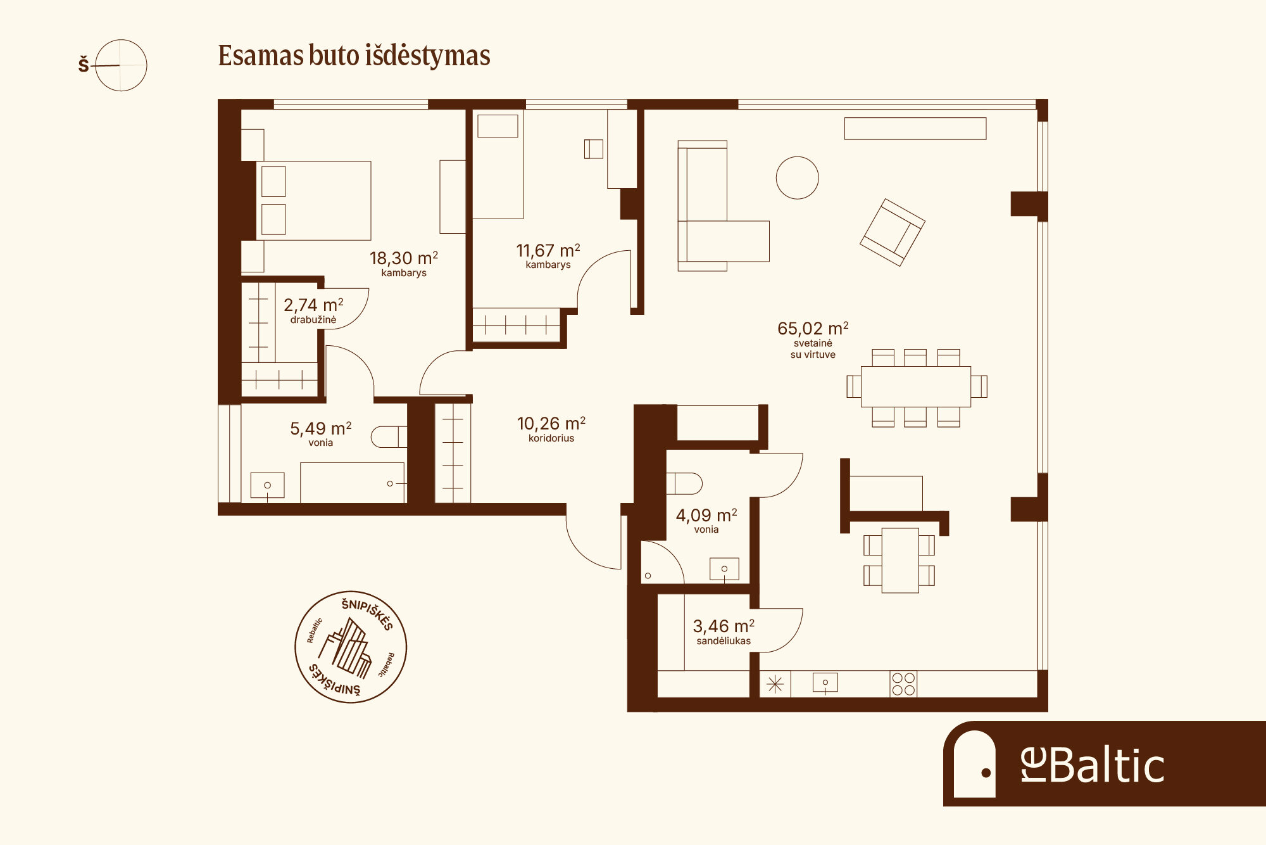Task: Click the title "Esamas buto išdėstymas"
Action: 354,56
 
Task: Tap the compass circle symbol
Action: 121,65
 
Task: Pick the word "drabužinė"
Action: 313,320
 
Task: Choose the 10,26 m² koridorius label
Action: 551,429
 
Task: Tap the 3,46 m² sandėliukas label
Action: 724,632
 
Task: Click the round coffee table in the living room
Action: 797,178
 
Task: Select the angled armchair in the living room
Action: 893,232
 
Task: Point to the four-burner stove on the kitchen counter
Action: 903,684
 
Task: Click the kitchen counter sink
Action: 825,682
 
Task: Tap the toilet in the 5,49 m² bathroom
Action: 389,437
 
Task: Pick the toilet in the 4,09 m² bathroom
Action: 684,483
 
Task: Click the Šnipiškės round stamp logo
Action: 351,647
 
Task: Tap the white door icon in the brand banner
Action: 975,765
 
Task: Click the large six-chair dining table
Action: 916,386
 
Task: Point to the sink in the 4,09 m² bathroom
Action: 724,568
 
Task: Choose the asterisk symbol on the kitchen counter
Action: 775,684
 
